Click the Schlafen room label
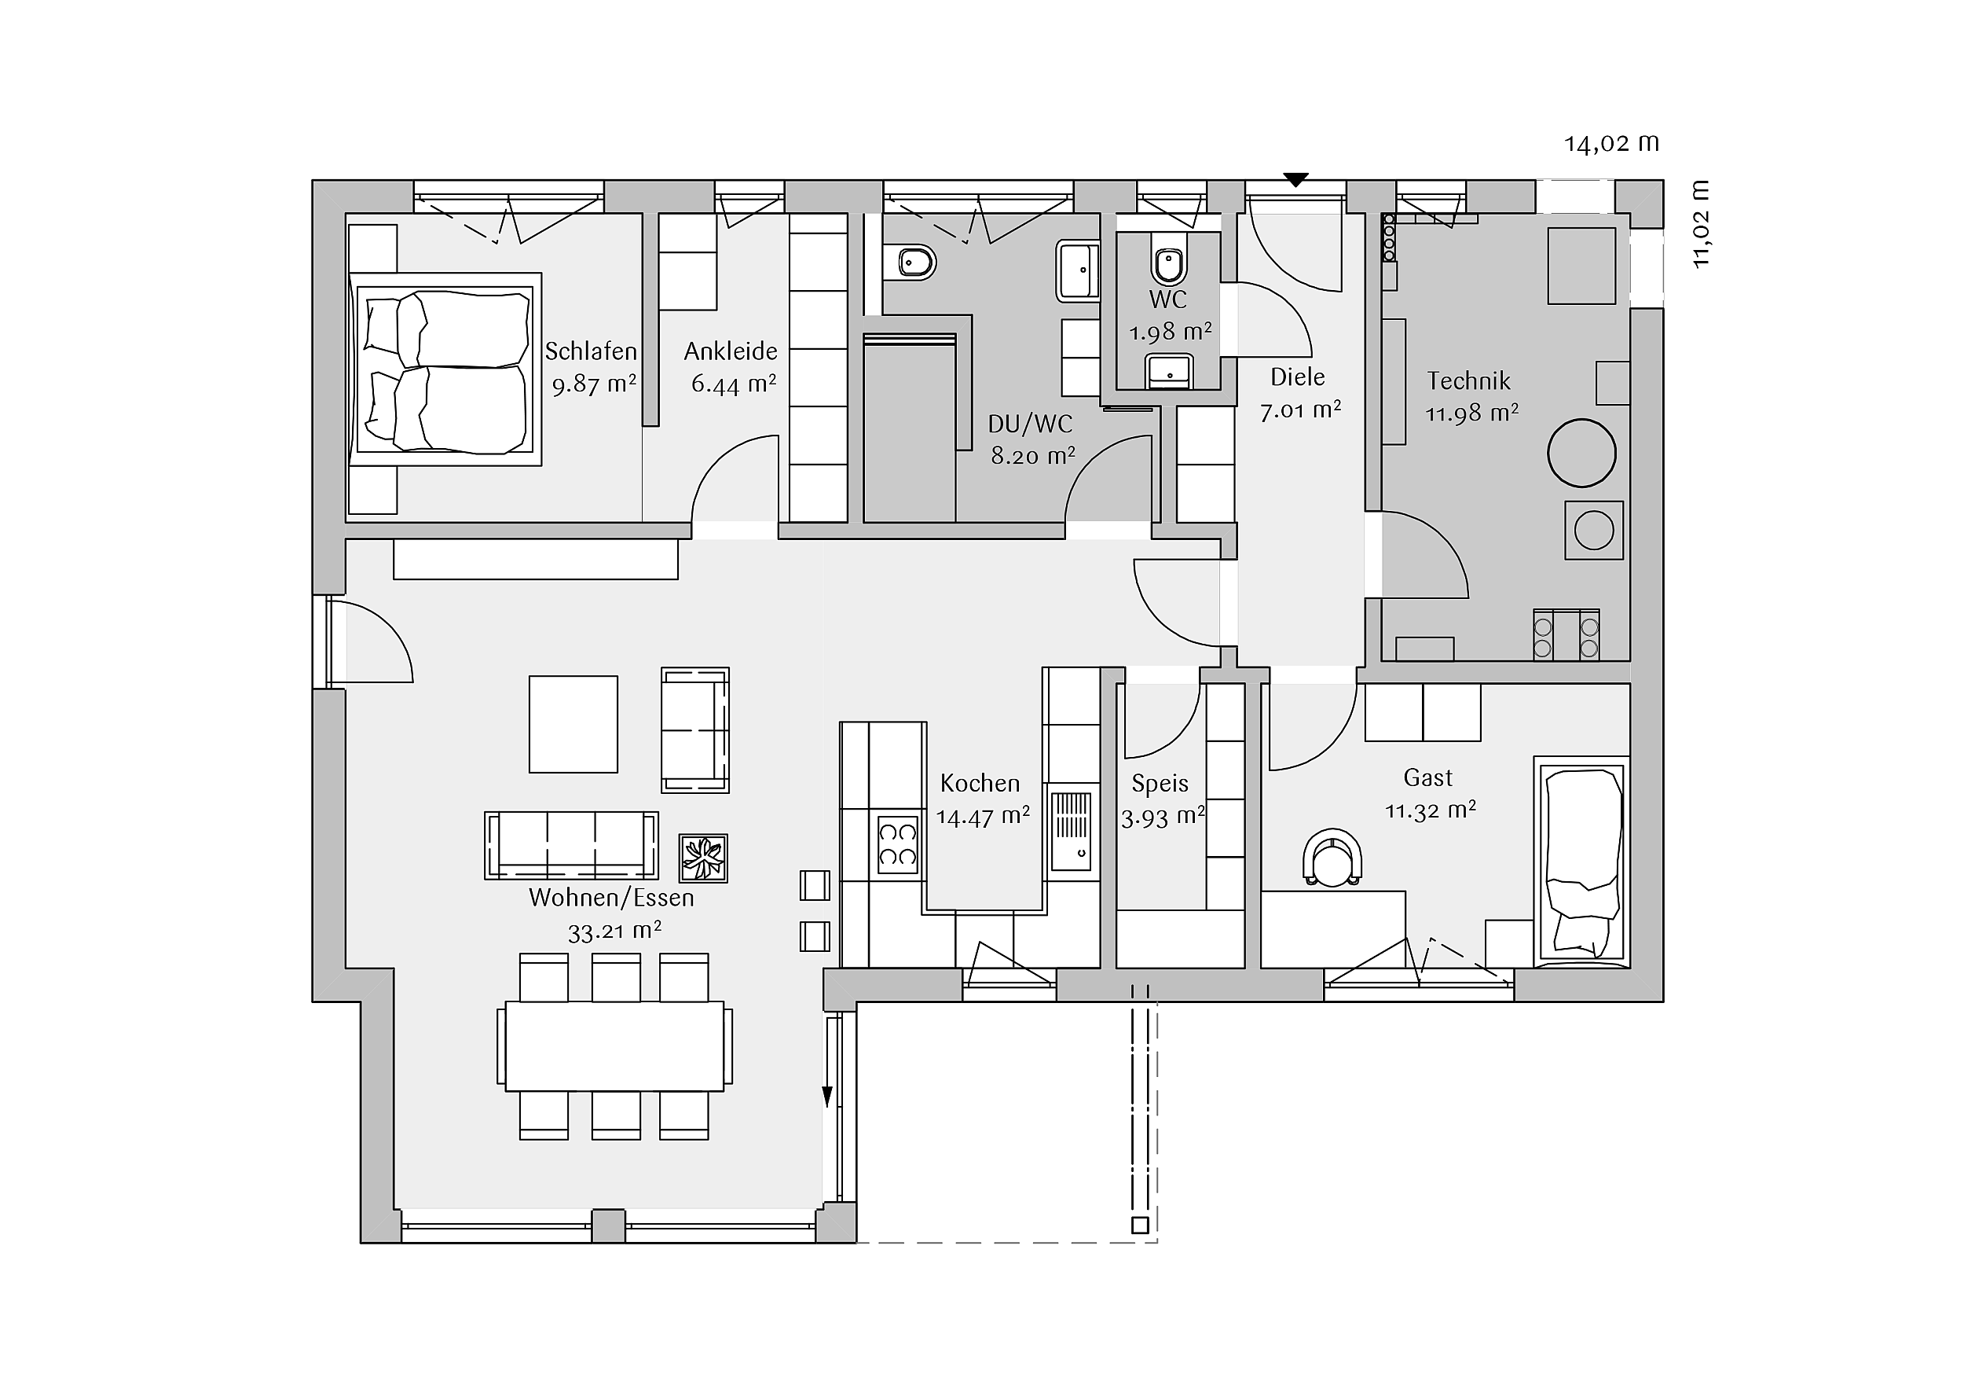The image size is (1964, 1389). click(591, 351)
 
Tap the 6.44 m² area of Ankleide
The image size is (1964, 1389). click(733, 384)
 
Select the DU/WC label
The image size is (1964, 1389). click(1030, 424)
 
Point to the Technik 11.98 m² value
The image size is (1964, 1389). click(1471, 413)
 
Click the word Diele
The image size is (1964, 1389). click(1298, 377)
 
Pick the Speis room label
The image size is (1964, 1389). click(1160, 784)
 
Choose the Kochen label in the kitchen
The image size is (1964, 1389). click(980, 783)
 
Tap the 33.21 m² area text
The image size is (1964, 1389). click(614, 932)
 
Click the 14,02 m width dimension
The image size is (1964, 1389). click(1611, 144)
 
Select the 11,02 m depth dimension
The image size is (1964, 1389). click(1702, 224)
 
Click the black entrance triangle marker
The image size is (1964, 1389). click(1296, 180)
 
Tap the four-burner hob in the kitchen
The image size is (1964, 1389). click(898, 845)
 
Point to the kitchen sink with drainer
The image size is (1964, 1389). click(1071, 830)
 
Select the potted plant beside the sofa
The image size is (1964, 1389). click(703, 858)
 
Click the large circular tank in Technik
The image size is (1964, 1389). click(1581, 453)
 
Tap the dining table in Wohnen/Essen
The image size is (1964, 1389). click(614, 1045)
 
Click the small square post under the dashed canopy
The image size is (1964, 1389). click(1139, 1225)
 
